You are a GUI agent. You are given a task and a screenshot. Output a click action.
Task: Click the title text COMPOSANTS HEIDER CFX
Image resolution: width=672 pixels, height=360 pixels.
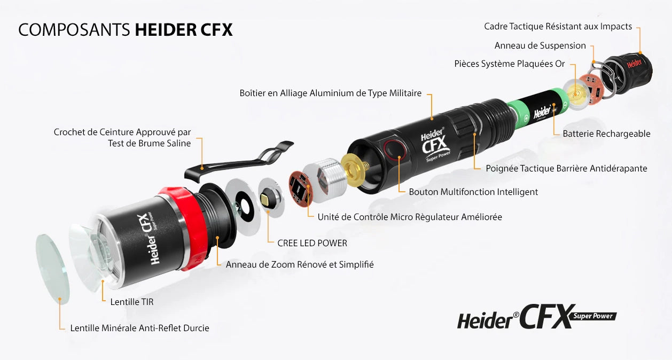coord(126,30)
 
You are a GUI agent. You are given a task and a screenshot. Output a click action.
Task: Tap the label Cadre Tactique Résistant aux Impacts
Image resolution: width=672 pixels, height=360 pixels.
coord(558,26)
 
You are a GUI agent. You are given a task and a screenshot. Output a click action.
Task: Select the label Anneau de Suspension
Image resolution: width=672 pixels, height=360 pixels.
coord(540,45)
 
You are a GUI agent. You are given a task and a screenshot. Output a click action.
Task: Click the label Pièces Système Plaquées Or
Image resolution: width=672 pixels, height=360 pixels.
coord(510,64)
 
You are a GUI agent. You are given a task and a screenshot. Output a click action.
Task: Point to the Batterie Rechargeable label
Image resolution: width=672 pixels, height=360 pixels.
coord(606,134)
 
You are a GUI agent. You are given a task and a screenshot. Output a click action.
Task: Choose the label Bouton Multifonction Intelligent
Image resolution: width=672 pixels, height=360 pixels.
coord(473,192)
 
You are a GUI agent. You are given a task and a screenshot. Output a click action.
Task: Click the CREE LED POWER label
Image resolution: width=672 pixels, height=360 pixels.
coord(312,243)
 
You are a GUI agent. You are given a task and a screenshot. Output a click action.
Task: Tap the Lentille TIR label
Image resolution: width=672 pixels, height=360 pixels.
coord(132,302)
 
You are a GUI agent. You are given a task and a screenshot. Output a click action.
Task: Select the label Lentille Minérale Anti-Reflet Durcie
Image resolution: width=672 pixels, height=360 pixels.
coord(139,328)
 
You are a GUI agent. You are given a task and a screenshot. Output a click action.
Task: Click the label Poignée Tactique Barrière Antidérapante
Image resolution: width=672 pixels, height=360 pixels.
coord(566,168)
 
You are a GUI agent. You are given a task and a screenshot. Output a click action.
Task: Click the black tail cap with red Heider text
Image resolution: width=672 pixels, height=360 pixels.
coord(629,72)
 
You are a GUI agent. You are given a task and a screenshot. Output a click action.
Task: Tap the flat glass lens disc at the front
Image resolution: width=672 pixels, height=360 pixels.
coord(53,269)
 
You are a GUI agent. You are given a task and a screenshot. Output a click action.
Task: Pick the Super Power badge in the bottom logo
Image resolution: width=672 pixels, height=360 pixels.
coord(593,316)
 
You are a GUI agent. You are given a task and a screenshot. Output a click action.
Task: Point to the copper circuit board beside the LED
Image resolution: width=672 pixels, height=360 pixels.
coord(300,189)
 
